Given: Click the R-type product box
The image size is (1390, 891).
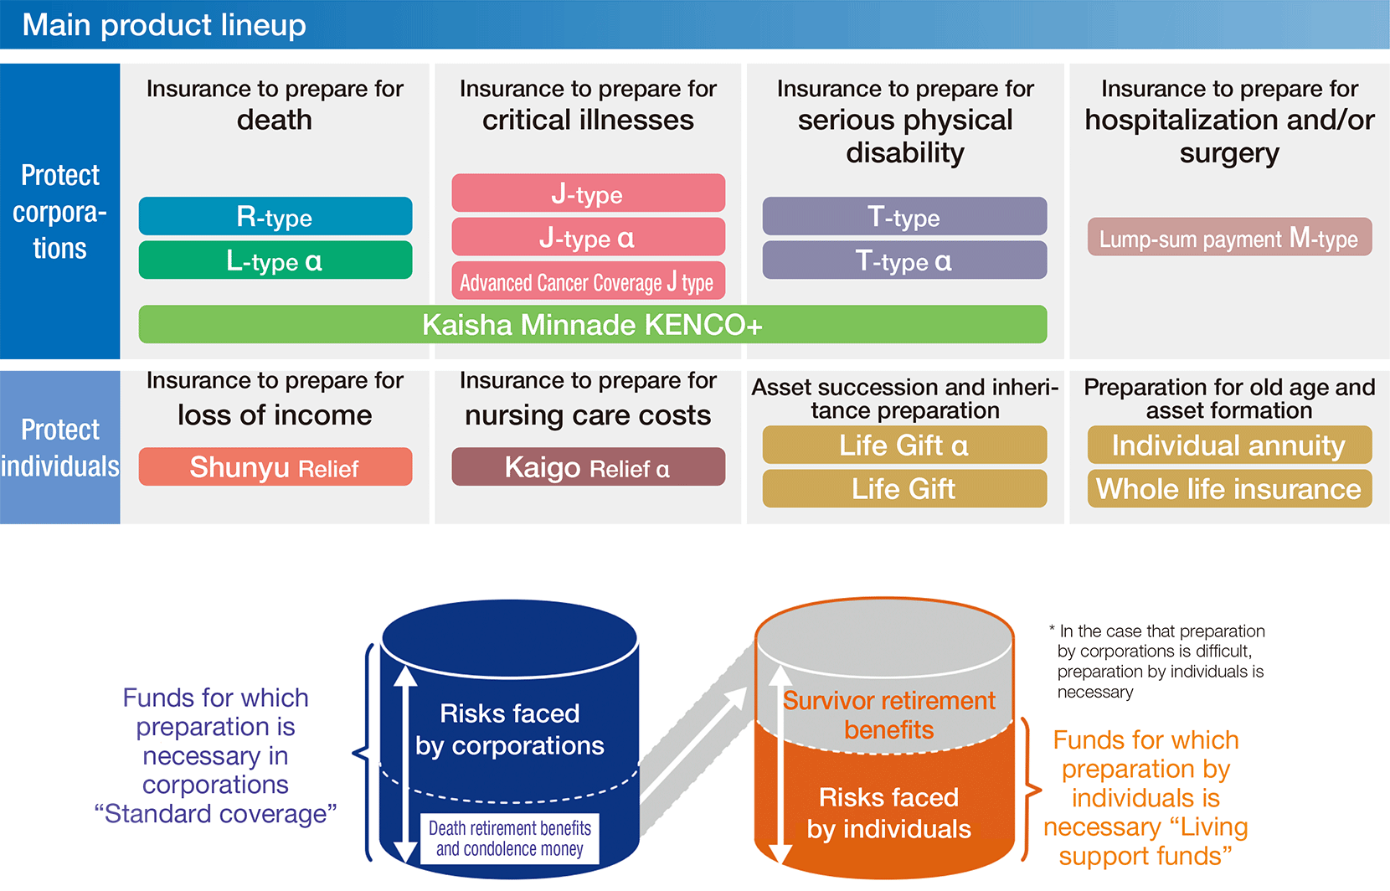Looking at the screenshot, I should point(275,217).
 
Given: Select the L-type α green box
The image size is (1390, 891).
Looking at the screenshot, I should point(275,260).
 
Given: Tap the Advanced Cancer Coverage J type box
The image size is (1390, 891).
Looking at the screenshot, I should point(588,281).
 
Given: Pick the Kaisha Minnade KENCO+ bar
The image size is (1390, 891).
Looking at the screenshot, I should point(592,324).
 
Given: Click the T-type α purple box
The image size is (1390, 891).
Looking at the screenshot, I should point(904,260).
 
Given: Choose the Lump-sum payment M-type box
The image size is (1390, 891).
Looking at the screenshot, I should point(1228,238).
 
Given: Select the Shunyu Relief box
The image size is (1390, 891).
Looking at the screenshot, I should point(275,467).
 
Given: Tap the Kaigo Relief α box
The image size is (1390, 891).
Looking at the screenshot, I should point(588,467).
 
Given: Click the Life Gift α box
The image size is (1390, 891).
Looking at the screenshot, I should point(904,445).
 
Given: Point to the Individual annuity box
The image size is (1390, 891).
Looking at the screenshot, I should point(1228,445).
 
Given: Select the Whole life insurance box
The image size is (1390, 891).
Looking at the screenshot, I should point(1228,488).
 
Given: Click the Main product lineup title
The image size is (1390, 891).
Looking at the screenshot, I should point(164,24).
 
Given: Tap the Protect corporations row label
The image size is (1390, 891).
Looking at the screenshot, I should point(59,211).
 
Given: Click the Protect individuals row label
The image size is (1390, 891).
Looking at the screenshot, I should point(59,447).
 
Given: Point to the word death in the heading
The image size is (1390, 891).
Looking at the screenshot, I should point(275,120).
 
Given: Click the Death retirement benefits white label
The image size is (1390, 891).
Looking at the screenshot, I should point(509,838).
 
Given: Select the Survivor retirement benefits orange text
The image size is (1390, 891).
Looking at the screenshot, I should point(888,714).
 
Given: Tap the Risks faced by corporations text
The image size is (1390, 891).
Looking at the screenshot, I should point(509,729).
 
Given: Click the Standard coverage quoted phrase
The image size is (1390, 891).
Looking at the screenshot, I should point(215,813).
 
